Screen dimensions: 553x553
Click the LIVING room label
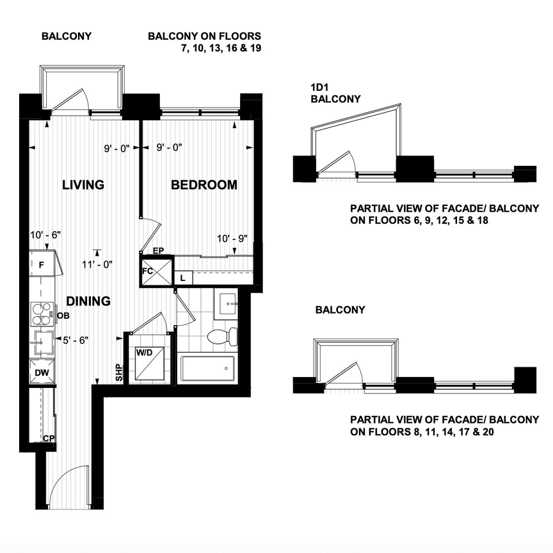click(x=83, y=186)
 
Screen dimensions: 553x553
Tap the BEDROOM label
click(x=204, y=186)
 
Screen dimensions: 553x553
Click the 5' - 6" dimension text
click(x=74, y=340)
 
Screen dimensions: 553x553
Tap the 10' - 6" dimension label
click(x=45, y=236)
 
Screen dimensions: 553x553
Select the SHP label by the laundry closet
click(x=119, y=373)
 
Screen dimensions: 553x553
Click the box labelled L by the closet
click(x=183, y=278)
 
